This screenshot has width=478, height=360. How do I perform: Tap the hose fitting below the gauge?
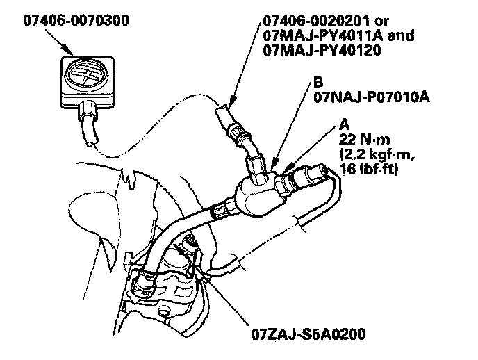[89, 111]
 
